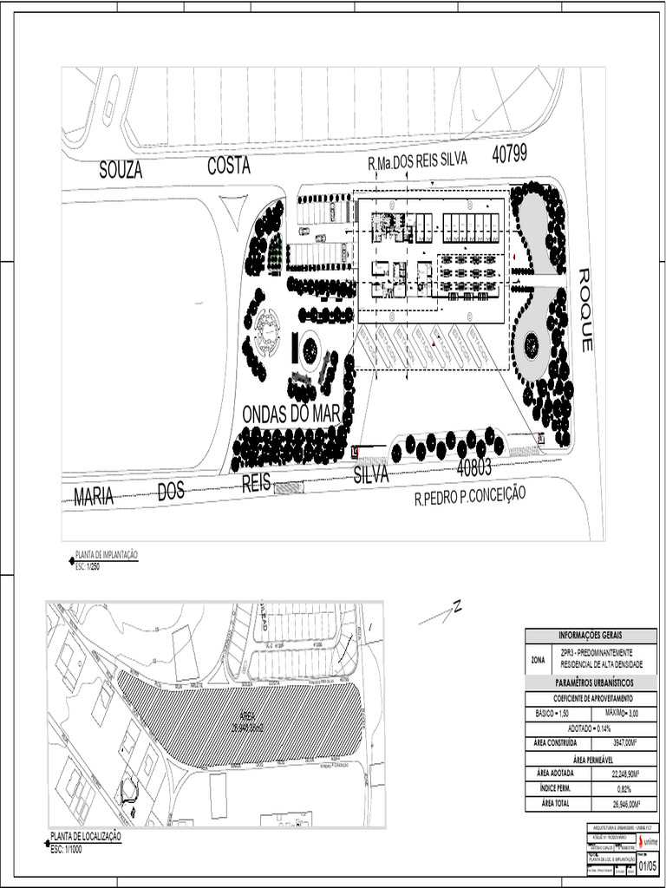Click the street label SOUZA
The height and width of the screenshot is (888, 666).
[121, 171]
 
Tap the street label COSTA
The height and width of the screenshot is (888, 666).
[229, 166]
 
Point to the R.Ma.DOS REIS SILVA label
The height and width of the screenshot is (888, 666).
[418, 161]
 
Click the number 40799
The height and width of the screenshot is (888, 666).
[511, 155]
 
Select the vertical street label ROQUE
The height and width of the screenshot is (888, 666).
[585, 310]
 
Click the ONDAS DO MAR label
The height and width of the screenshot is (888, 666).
[291, 415]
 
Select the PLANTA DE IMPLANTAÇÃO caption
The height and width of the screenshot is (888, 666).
[107, 554]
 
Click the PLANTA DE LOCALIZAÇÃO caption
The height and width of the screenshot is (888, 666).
[86, 836]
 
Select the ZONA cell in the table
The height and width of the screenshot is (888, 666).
[538, 659]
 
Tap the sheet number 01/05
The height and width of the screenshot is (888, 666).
[648, 865]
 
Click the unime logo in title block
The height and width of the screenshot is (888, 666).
[648, 841]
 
